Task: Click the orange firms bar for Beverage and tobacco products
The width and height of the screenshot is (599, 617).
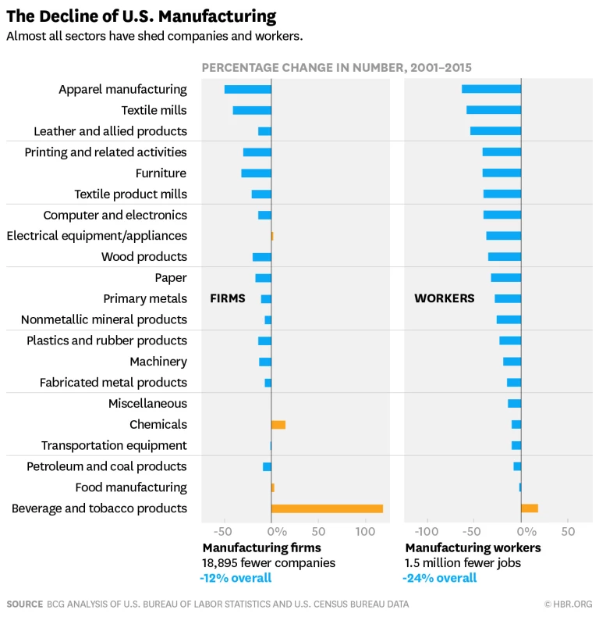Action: (327, 508)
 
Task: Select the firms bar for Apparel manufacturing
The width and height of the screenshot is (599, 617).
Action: (248, 89)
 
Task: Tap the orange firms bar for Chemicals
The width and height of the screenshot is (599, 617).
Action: (278, 425)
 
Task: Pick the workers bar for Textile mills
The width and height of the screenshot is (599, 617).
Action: (494, 110)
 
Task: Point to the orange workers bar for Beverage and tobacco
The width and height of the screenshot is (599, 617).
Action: (530, 508)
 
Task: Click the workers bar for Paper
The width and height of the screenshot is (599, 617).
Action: (506, 278)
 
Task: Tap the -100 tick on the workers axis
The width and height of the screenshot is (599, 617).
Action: (427, 532)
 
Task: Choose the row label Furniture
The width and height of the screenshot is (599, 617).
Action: (161, 173)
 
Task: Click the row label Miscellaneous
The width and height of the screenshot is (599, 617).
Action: (147, 404)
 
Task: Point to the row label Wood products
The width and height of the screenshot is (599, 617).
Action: (144, 257)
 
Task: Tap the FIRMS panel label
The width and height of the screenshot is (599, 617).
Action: (228, 298)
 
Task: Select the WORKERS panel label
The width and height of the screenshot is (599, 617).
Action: (444, 298)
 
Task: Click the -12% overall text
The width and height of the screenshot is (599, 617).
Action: (236, 578)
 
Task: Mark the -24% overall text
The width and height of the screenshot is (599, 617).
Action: (439, 578)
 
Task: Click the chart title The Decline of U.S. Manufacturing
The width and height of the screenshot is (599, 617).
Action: (141, 16)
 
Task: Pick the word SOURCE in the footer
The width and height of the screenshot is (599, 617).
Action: (25, 604)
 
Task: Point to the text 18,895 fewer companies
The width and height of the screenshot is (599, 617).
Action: (269, 563)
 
